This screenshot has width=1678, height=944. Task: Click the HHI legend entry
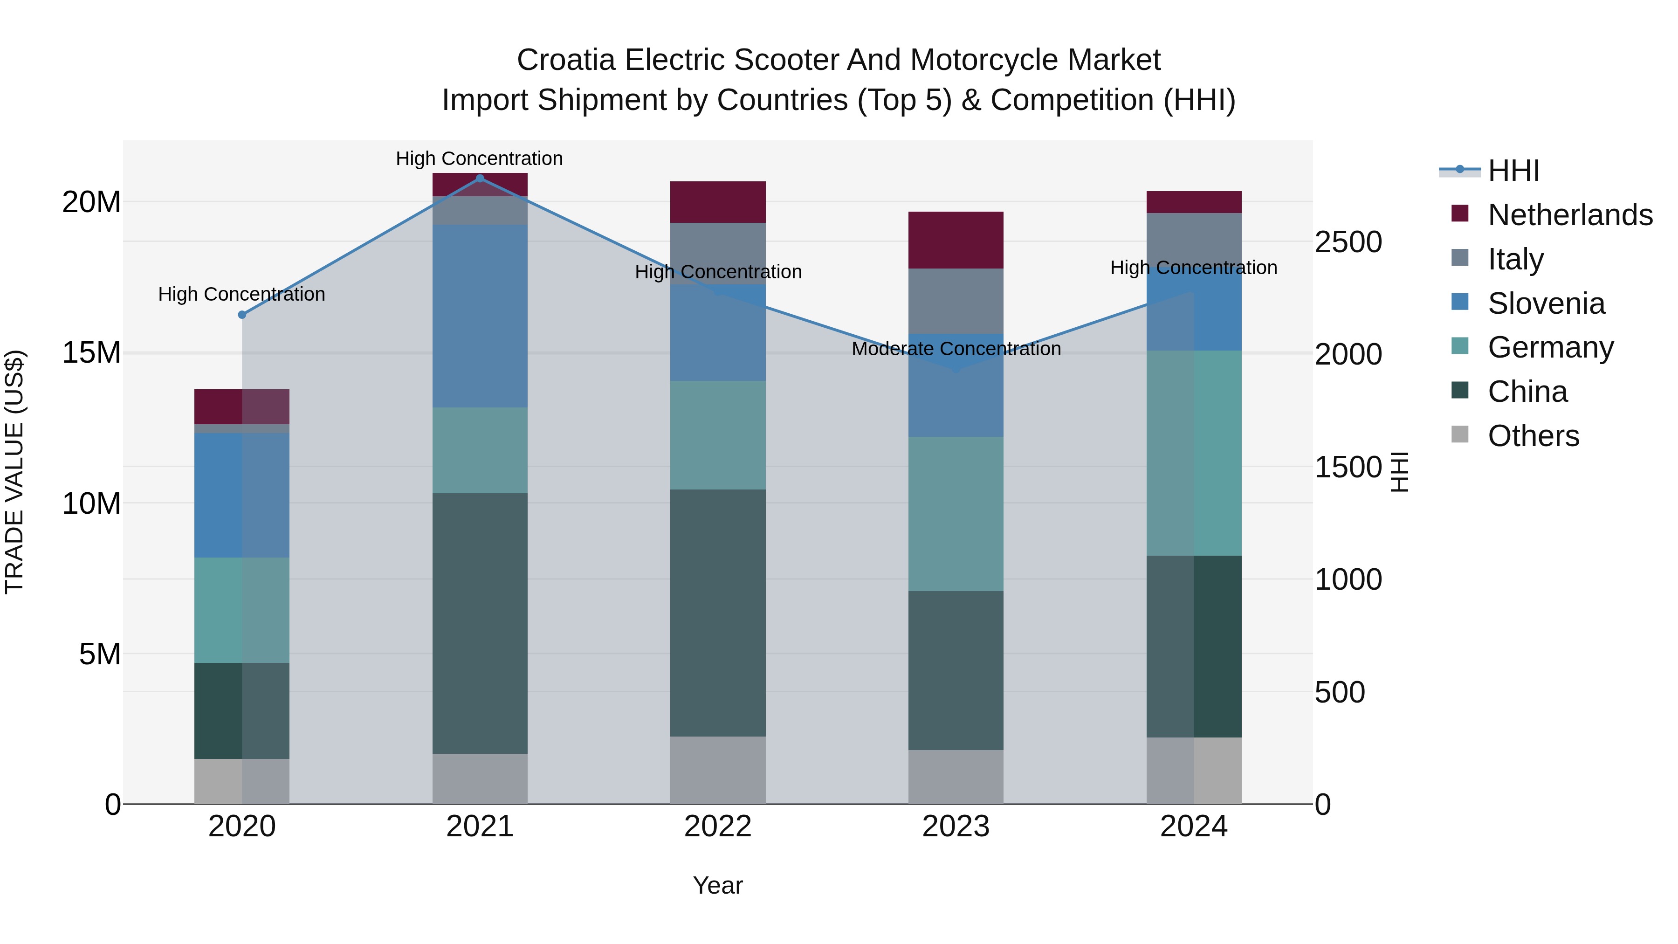(x=1513, y=171)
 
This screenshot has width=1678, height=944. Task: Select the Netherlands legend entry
(x=1569, y=215)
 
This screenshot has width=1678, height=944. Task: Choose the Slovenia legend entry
(x=1546, y=303)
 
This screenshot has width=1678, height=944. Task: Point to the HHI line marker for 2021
(x=480, y=179)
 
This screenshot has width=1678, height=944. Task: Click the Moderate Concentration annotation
(x=956, y=349)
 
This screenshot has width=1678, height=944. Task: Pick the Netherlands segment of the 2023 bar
(x=956, y=240)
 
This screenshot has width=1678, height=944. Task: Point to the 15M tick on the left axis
(x=91, y=353)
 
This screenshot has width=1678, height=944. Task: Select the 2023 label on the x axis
(x=956, y=827)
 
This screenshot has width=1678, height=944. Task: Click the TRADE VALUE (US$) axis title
(x=14, y=472)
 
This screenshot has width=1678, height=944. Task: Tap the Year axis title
(x=718, y=885)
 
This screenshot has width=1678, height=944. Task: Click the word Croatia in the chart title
(x=565, y=60)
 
